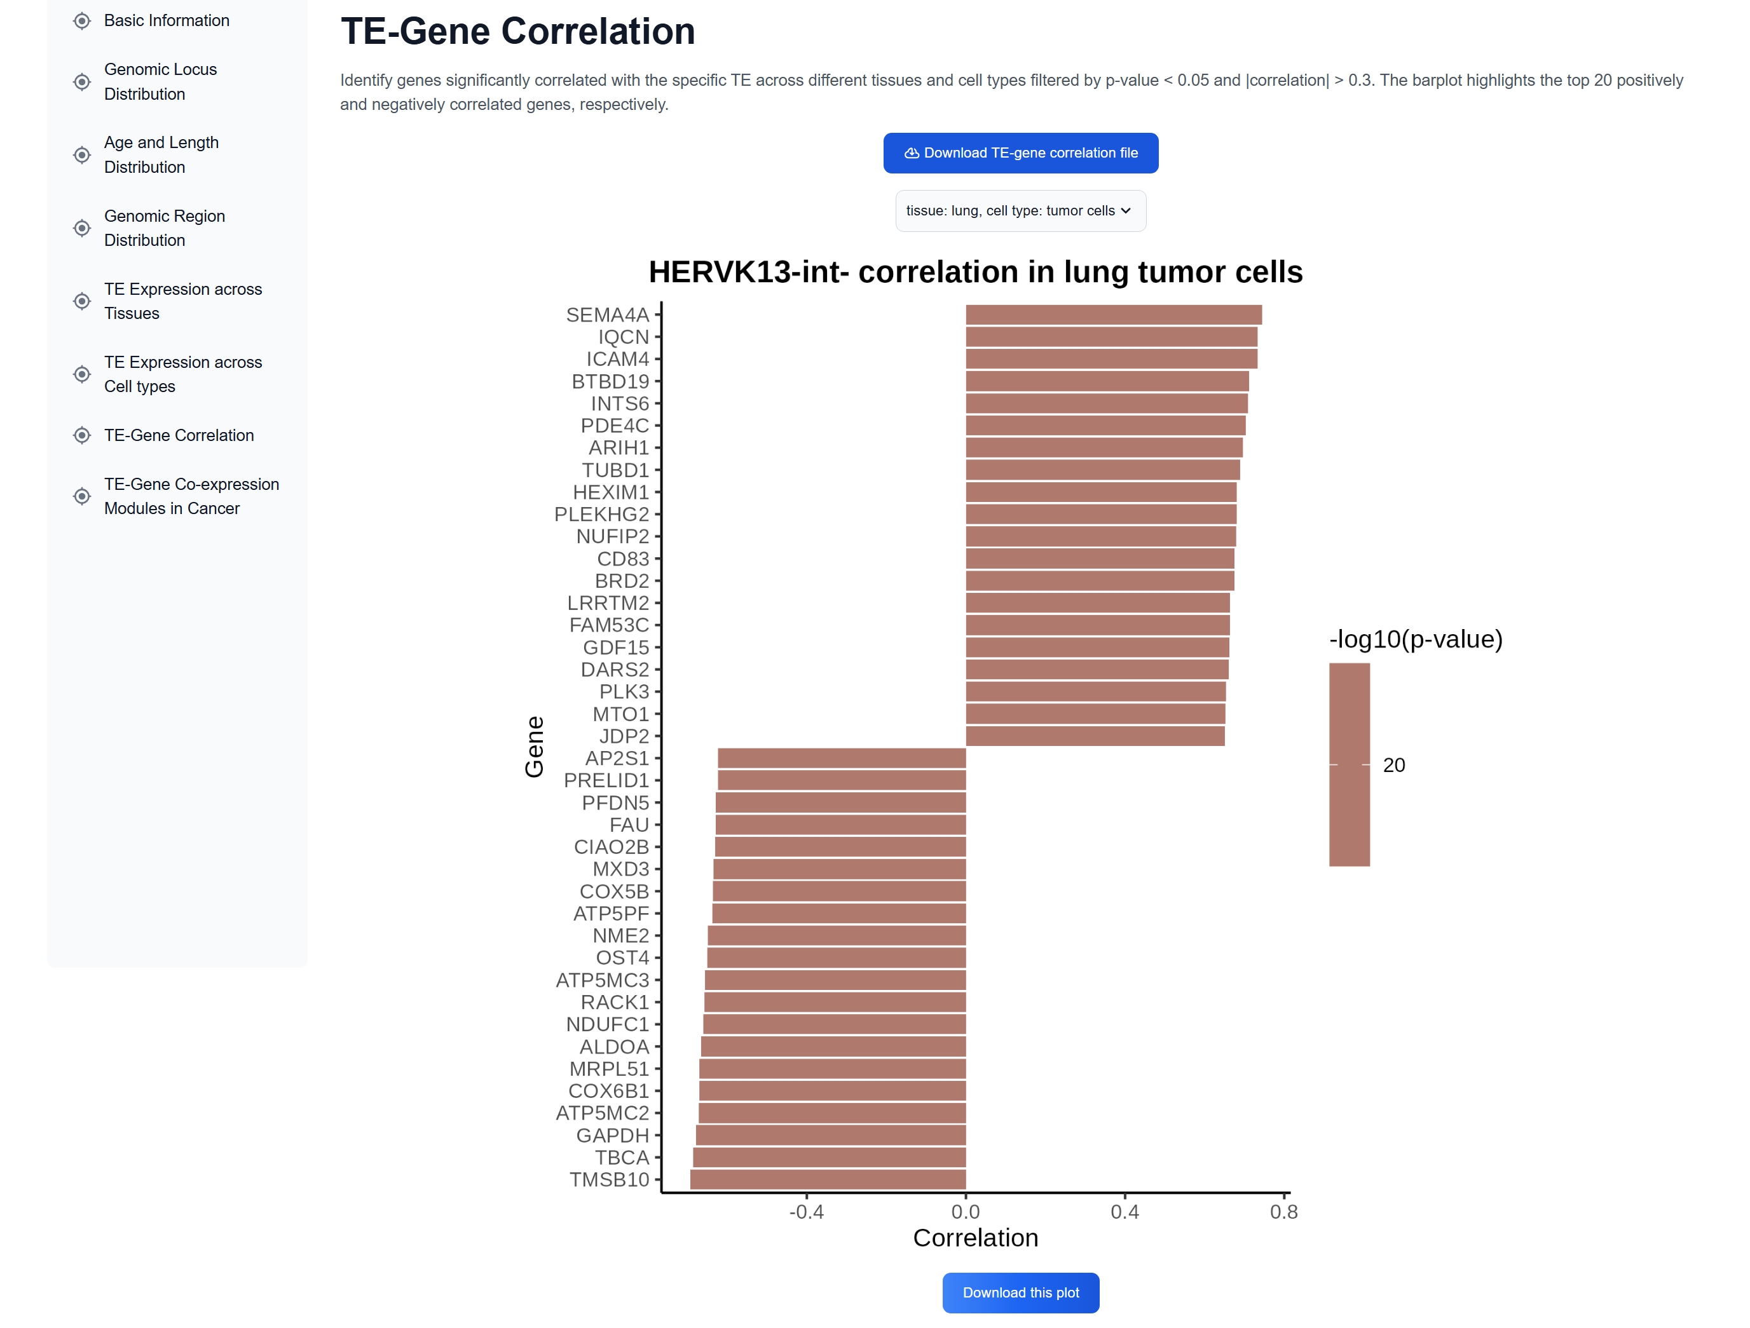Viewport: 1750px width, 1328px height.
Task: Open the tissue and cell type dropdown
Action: point(1020,210)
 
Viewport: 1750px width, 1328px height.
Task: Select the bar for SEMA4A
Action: point(1112,315)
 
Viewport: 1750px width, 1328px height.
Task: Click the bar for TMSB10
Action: point(827,1179)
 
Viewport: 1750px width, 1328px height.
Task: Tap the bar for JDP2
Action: point(1094,736)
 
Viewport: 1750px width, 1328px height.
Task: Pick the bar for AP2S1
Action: point(841,758)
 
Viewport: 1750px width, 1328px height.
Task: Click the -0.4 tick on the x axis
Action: point(806,1212)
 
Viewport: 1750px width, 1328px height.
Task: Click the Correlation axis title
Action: point(974,1238)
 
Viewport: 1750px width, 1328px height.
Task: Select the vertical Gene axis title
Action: point(535,747)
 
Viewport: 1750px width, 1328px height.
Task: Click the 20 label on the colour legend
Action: point(1393,765)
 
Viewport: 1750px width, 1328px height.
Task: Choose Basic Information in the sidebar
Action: point(166,20)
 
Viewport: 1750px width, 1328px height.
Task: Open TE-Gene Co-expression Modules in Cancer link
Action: point(191,496)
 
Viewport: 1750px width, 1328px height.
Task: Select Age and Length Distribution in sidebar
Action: point(161,154)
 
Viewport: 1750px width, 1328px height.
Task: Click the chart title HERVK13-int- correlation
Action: point(974,272)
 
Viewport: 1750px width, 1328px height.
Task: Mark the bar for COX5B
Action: point(838,891)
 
